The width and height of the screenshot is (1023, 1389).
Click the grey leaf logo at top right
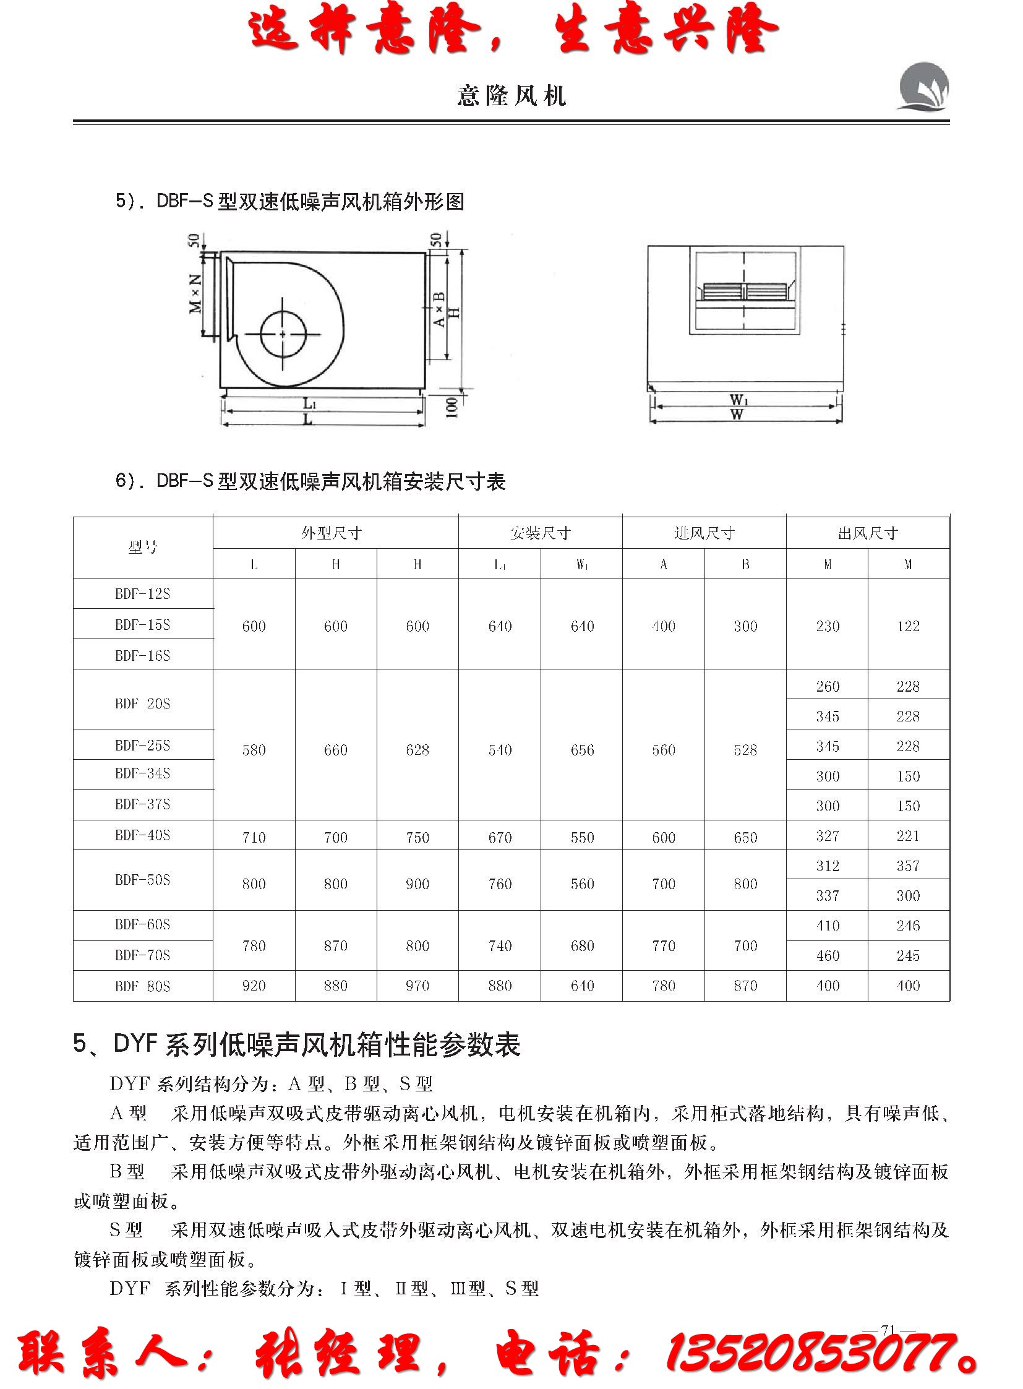point(923,87)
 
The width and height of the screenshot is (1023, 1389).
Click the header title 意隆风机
point(511,95)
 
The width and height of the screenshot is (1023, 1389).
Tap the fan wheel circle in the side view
point(283,334)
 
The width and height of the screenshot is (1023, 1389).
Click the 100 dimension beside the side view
point(452,407)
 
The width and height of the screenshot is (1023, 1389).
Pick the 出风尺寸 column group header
point(868,533)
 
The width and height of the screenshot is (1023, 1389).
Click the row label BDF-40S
point(142,835)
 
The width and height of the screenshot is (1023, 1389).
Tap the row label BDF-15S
point(142,624)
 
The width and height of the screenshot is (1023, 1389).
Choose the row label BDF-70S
point(142,955)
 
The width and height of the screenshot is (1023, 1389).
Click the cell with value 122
point(908,626)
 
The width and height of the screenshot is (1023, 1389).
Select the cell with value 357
point(908,866)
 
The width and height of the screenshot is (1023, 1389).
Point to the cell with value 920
point(254,986)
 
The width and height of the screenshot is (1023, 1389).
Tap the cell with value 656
point(582,750)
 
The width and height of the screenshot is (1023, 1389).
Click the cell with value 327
point(828,836)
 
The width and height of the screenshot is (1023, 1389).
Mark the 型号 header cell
point(142,548)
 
